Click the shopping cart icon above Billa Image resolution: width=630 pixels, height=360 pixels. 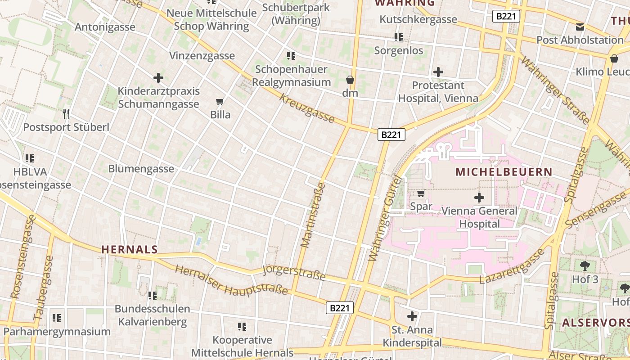click(x=220, y=101)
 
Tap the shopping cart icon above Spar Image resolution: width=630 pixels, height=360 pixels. click(x=421, y=193)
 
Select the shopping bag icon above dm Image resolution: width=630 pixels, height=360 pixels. click(x=350, y=80)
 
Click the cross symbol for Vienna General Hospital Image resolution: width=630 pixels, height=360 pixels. click(x=479, y=197)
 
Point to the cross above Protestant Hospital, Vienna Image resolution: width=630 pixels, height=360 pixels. click(x=438, y=72)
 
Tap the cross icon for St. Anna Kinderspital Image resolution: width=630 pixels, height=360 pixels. click(x=412, y=316)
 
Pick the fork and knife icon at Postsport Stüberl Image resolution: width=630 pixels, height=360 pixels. click(x=66, y=113)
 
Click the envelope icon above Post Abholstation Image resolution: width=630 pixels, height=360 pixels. click(x=580, y=27)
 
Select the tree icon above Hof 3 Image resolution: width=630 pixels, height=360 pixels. click(x=585, y=265)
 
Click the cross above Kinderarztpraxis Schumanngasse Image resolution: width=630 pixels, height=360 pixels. click(x=158, y=78)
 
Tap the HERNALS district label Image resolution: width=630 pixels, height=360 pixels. click(x=130, y=249)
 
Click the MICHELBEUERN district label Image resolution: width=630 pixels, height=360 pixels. click(x=504, y=172)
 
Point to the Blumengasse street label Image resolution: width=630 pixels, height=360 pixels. click(x=141, y=169)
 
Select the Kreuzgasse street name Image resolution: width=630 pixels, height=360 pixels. click(x=307, y=108)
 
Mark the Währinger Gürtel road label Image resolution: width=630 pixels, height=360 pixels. click(x=384, y=218)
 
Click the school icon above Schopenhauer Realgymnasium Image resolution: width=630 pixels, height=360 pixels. click(x=291, y=56)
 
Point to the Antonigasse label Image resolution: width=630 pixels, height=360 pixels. click(x=105, y=27)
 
